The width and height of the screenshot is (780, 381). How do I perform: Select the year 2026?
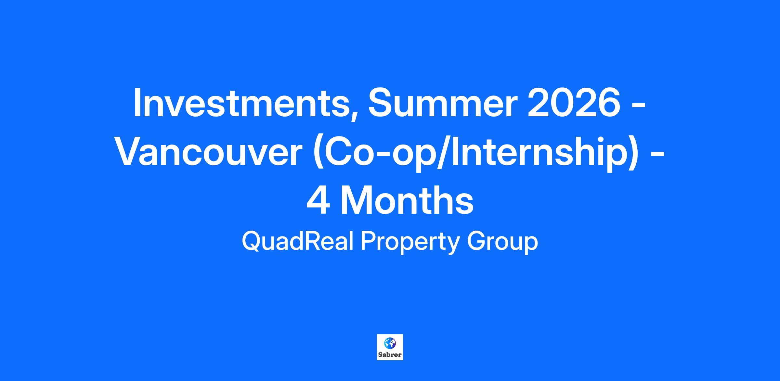tap(574, 102)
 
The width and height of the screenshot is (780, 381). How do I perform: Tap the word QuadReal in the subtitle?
tap(298, 242)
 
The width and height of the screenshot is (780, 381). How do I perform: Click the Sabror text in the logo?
tap(390, 355)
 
